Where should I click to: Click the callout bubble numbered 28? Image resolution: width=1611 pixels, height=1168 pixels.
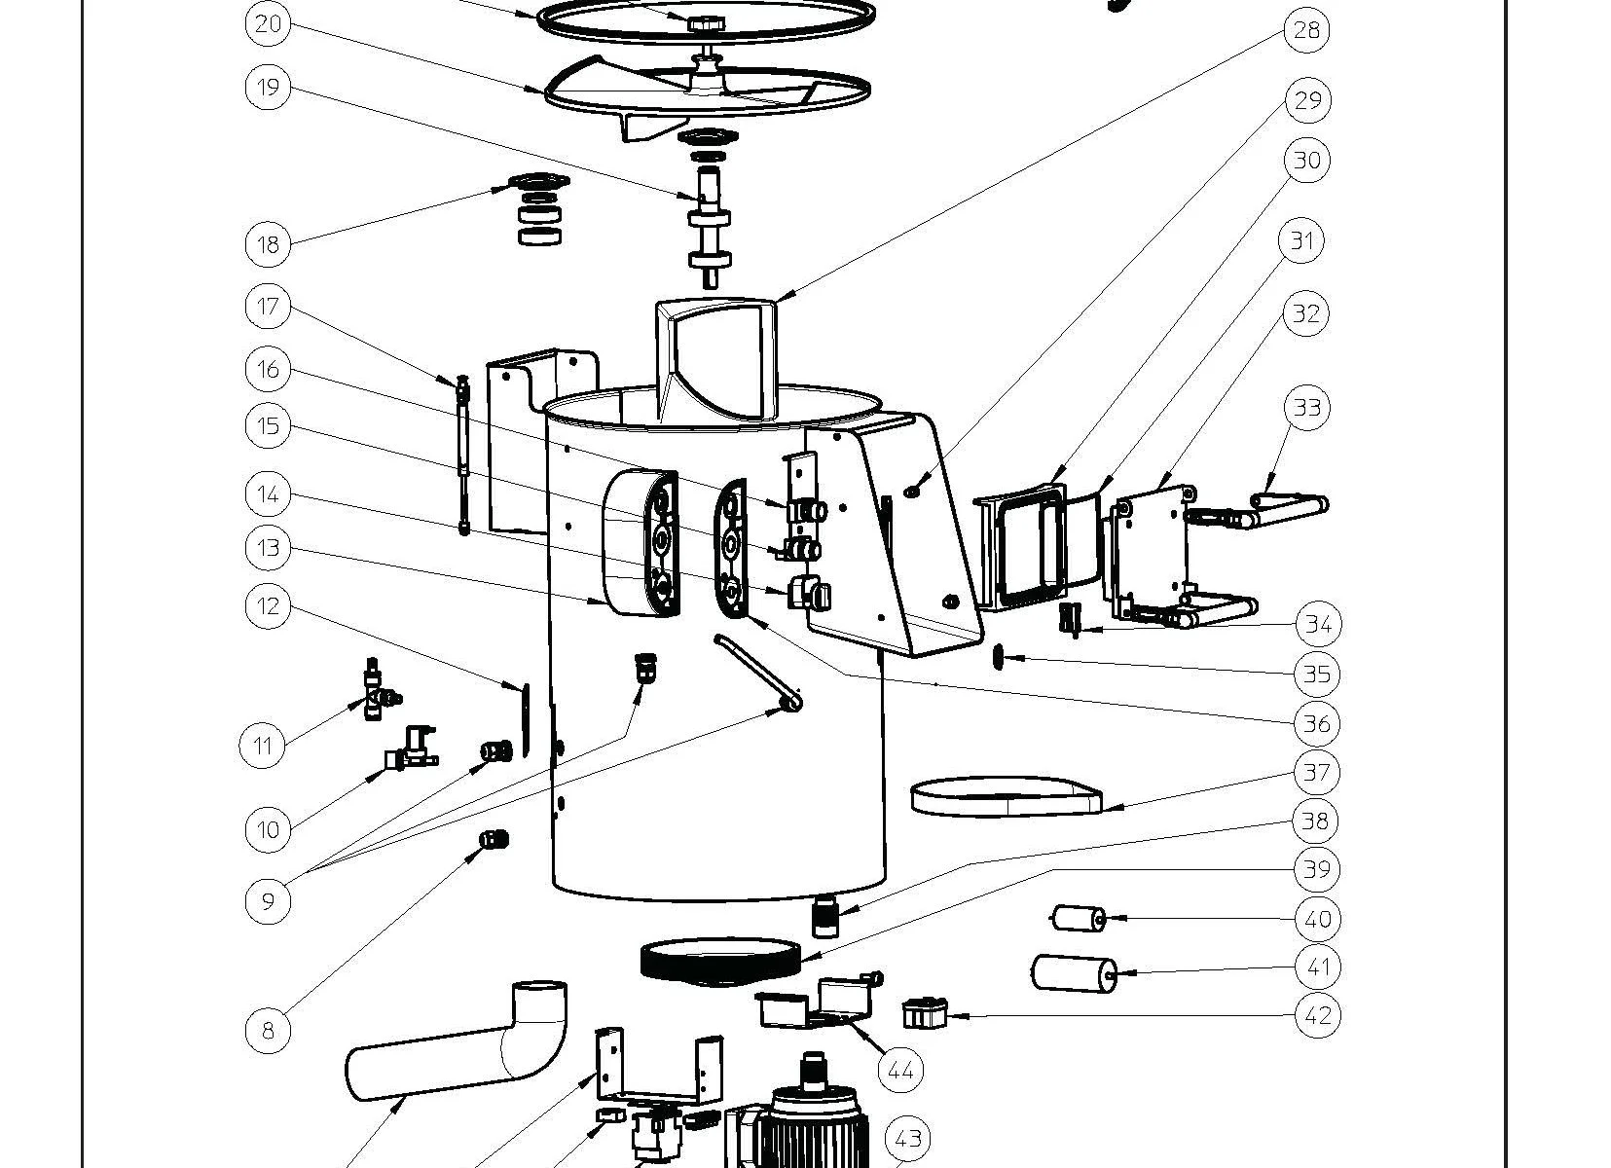click(x=1305, y=30)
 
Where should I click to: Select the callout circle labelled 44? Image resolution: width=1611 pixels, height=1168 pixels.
click(x=899, y=1071)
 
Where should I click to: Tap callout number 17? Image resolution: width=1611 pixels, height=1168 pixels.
click(x=268, y=308)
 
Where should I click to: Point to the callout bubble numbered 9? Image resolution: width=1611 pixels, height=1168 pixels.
click(x=268, y=900)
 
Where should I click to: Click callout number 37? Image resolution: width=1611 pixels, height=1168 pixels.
click(x=1315, y=773)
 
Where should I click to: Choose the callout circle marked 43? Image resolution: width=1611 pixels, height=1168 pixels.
click(x=907, y=1139)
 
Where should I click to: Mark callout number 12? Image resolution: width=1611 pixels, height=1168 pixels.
click(x=268, y=606)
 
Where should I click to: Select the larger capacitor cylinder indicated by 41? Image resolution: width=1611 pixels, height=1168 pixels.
click(x=1074, y=972)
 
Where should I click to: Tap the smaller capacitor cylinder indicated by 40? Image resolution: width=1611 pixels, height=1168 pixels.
click(x=1077, y=919)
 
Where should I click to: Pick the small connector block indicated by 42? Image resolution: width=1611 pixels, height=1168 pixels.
click(x=925, y=1014)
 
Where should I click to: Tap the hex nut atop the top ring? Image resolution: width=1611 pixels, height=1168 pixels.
click(x=702, y=21)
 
